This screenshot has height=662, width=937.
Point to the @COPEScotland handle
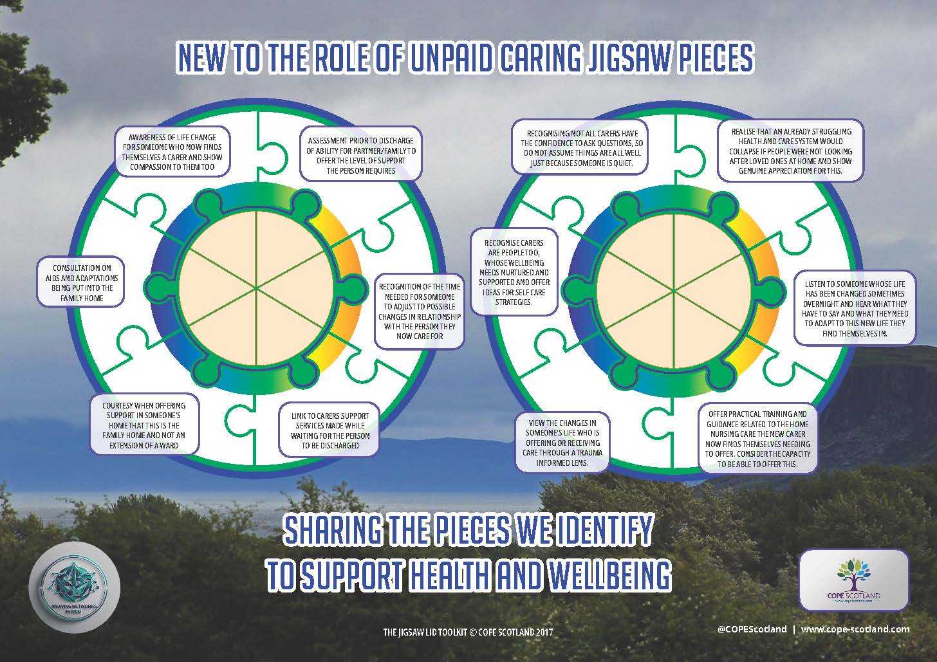point(751,629)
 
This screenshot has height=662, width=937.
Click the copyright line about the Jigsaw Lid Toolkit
point(468,632)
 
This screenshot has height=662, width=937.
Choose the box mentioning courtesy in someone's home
point(144,425)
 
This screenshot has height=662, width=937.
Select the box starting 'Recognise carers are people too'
point(514,272)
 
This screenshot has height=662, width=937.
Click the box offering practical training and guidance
point(757,439)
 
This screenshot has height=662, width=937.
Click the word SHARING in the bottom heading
point(336,530)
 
